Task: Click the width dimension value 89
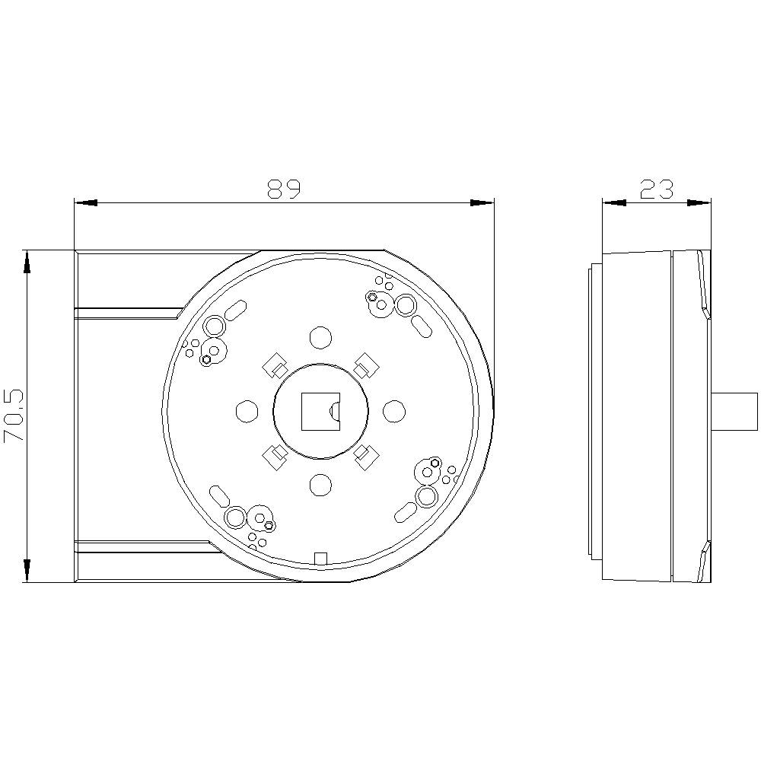(x=285, y=189)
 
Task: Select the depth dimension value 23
(x=657, y=189)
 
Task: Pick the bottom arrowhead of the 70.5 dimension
(x=27, y=570)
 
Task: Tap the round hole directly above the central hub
(x=321, y=337)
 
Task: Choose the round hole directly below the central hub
(x=321, y=484)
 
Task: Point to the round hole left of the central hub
(x=247, y=411)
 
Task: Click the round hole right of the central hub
(x=393, y=411)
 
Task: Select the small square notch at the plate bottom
(x=320, y=559)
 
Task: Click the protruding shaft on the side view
(x=734, y=411)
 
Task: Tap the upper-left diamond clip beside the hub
(x=273, y=366)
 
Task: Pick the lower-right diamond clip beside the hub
(x=367, y=455)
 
